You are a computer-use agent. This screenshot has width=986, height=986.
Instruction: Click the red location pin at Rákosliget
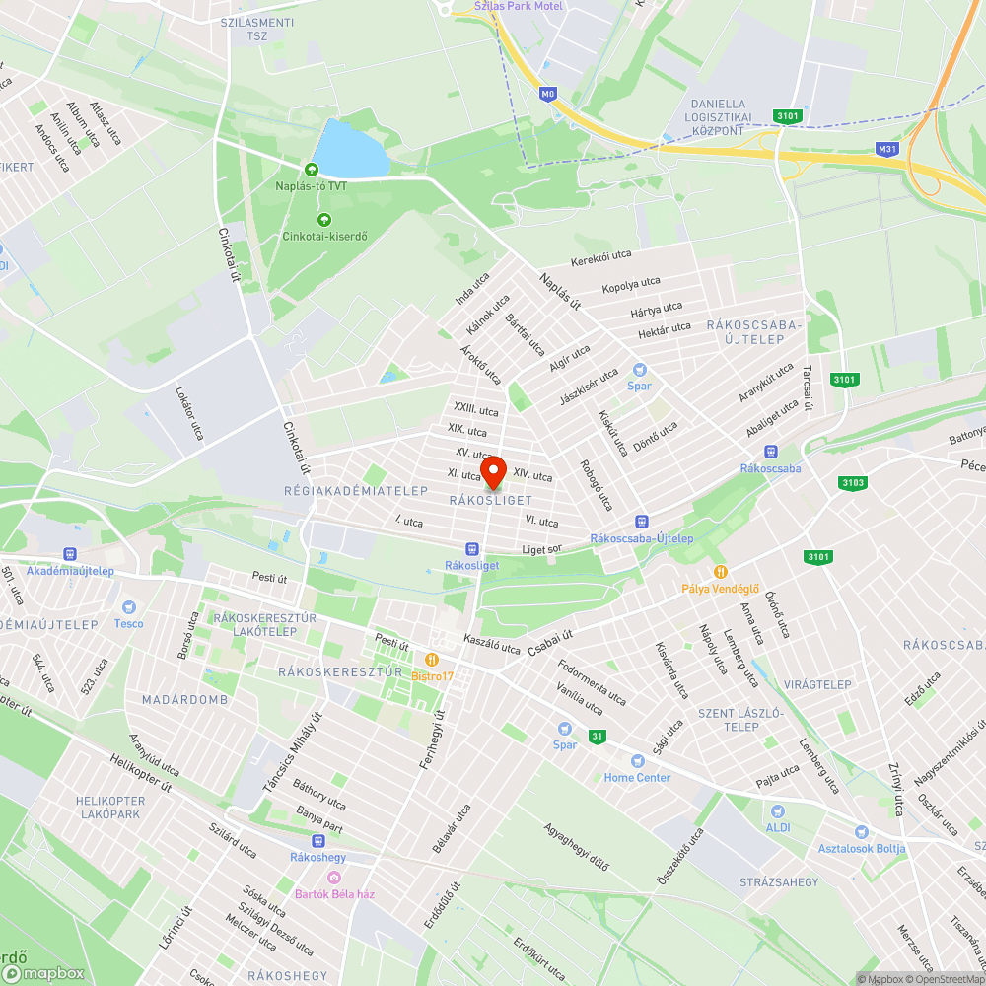(x=492, y=471)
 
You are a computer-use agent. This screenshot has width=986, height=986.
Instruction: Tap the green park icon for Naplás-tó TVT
(x=313, y=170)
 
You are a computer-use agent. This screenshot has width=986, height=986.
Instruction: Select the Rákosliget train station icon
(x=472, y=549)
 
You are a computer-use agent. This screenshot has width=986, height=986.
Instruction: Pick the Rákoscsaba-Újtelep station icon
(x=642, y=521)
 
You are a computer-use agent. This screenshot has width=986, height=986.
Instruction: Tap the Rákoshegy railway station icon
(x=317, y=841)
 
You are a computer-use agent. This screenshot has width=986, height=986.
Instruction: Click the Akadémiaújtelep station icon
(x=70, y=554)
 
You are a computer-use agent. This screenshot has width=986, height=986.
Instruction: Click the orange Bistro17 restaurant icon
(x=431, y=659)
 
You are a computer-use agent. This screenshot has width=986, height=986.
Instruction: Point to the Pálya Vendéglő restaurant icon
(x=722, y=572)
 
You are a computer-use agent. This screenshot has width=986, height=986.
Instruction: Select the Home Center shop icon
(x=637, y=760)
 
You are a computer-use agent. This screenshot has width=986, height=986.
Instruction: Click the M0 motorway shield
(x=548, y=94)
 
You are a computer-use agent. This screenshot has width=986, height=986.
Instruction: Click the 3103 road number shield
(x=853, y=482)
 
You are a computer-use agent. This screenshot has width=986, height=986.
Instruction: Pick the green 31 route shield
(x=597, y=736)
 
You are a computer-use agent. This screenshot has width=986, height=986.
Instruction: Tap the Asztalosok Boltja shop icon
(x=862, y=832)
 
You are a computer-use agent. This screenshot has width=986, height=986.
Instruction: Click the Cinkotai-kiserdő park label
(x=315, y=236)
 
